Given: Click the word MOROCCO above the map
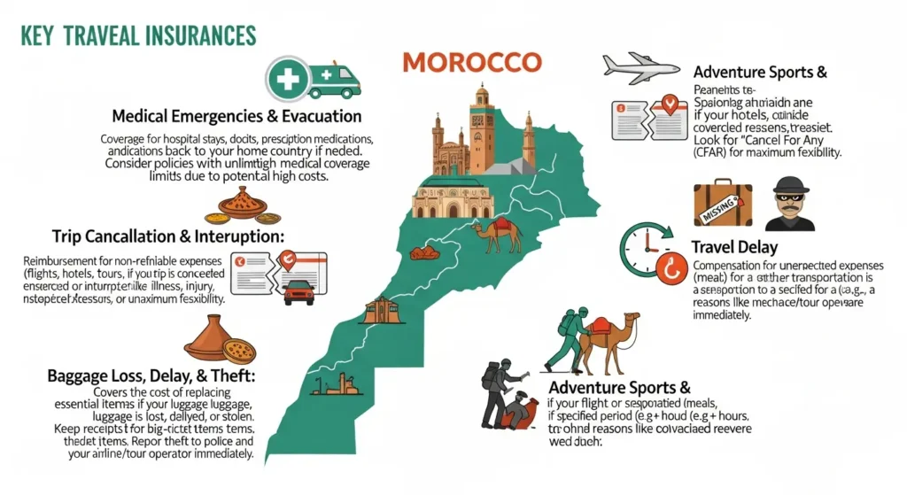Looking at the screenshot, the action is pos(471,64).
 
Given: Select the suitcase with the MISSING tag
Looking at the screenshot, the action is pos(723,205).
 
